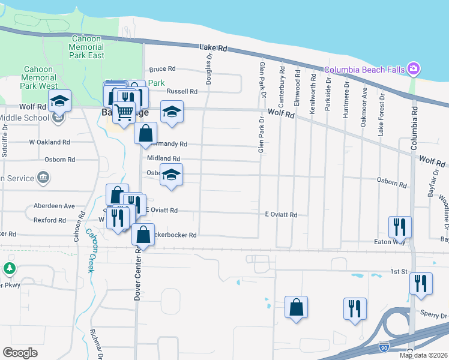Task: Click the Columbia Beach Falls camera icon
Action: tap(413, 69)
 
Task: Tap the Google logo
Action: tap(20, 353)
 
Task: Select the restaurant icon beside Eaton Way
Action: tap(400, 227)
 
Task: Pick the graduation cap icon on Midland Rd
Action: tap(172, 175)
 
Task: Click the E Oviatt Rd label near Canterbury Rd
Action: tap(281, 214)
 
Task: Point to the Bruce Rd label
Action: tap(162, 69)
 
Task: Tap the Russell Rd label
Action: tap(182, 92)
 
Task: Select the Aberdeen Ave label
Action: tap(54, 206)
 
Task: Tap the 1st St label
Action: tap(399, 272)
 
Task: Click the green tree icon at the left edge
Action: tap(9, 268)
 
